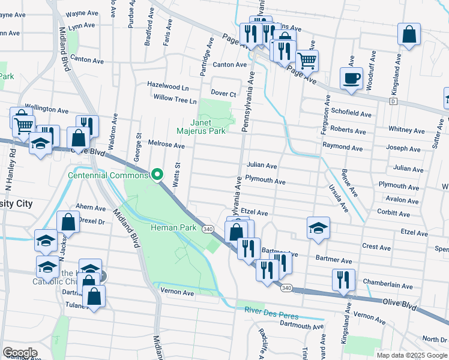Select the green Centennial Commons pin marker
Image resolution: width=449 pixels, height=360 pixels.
point(157,175)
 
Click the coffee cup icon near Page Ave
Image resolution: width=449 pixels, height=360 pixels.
point(351,78)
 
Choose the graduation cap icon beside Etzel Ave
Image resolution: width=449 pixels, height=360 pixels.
point(318,227)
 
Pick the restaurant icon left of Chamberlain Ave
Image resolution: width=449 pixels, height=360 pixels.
point(343,280)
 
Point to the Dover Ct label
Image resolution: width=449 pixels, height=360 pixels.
point(223,94)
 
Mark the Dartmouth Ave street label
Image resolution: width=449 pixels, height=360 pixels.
point(303,325)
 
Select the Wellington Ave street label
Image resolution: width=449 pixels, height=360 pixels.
point(46,110)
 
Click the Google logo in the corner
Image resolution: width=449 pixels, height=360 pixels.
point(20,352)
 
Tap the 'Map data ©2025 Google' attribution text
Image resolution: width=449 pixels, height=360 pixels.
point(411,355)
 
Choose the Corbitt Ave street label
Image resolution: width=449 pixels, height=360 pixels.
point(394,212)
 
